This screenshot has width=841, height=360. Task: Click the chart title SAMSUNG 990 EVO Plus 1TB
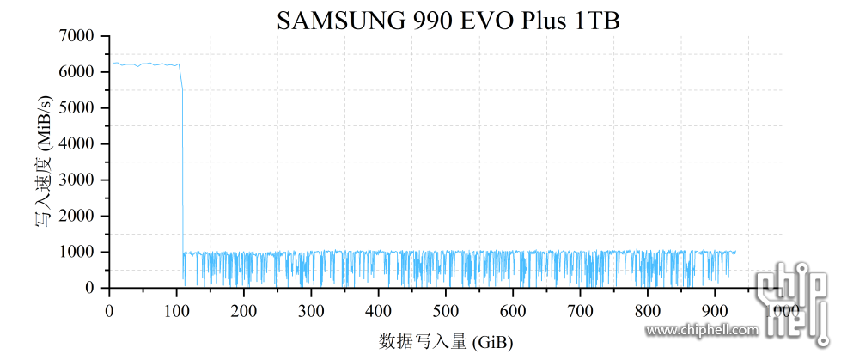(x=448, y=21)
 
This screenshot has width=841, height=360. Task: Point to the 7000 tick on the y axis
(x=78, y=36)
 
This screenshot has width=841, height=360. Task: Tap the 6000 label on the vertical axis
(x=78, y=72)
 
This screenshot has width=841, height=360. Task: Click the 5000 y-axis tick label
(x=78, y=108)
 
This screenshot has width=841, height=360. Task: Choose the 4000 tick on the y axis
(x=78, y=144)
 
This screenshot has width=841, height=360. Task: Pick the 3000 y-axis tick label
(x=78, y=180)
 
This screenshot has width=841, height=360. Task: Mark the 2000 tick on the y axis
(x=78, y=217)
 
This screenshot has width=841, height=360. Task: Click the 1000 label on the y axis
(x=78, y=253)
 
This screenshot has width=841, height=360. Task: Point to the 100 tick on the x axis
(x=176, y=309)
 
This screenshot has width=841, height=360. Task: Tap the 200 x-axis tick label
(x=244, y=309)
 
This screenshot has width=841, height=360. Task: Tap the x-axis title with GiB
(x=446, y=342)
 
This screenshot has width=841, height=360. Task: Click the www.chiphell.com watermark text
(x=702, y=330)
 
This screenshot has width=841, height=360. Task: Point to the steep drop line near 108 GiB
(x=183, y=172)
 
